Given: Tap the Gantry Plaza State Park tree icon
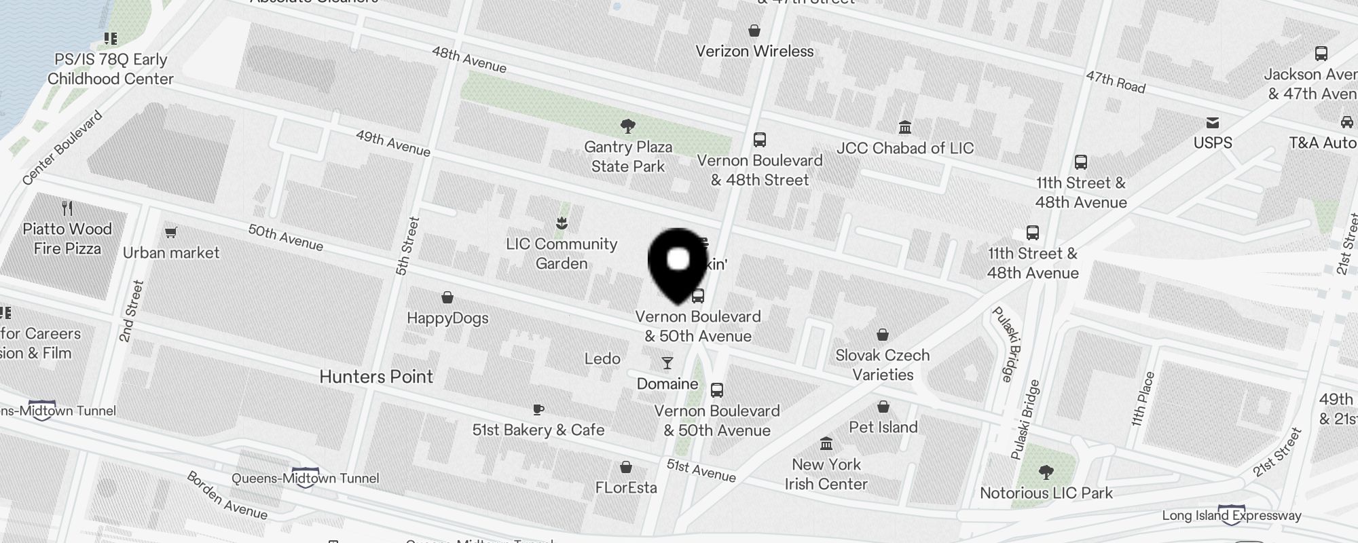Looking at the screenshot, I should (x=628, y=126).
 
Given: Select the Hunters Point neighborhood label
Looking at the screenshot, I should (x=376, y=377).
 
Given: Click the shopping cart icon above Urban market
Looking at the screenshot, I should (x=171, y=233).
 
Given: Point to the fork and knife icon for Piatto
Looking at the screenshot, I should (x=67, y=208).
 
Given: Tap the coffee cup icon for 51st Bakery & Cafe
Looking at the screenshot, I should (x=538, y=409).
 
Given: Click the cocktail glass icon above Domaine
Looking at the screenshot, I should (x=667, y=364).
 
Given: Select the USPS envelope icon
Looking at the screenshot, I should (x=1213, y=123).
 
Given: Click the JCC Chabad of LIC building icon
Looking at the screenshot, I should (x=904, y=128).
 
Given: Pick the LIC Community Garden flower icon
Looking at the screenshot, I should (x=562, y=223).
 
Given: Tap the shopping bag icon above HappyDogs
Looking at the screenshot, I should (x=447, y=297).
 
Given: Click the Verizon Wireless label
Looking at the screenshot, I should (x=754, y=52).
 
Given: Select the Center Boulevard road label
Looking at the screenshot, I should (x=62, y=147).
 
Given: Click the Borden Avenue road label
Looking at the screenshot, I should (x=227, y=495).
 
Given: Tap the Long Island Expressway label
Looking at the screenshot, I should (x=1232, y=515).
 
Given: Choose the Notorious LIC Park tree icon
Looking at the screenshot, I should (x=1046, y=472).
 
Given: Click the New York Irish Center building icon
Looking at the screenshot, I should (x=826, y=444).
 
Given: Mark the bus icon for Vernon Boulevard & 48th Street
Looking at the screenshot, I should (x=760, y=140).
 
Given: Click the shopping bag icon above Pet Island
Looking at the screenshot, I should (x=883, y=407).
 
